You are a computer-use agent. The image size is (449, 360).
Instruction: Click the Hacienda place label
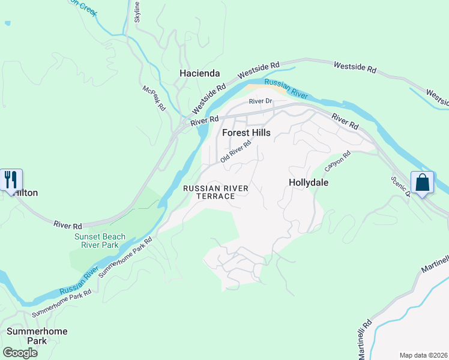[200, 73]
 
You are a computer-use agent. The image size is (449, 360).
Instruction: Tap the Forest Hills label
[246, 133]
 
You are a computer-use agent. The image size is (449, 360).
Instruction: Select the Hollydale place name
[309, 182]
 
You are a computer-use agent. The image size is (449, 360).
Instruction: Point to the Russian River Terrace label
[215, 193]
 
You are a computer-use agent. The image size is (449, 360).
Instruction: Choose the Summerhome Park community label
[37, 336]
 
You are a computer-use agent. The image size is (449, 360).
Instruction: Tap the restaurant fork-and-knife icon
[11, 179]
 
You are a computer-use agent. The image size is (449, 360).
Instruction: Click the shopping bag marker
[423, 182]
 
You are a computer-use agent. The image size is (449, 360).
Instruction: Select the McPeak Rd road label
[154, 98]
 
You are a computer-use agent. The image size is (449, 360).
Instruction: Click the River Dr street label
[261, 101]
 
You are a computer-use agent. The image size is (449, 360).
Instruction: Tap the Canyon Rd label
[337, 160]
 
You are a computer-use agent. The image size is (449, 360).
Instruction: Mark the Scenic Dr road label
[399, 187]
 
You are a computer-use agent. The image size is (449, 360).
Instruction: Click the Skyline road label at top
[137, 12]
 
